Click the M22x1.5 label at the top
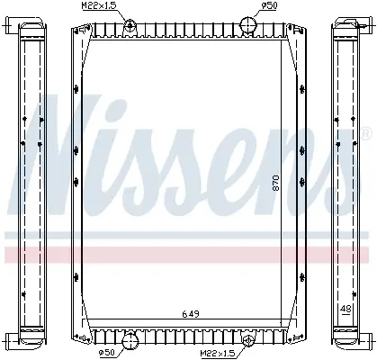coord(99,5)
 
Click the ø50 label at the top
coord(269,5)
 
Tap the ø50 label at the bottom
coord(107,352)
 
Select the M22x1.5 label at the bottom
coord(218,354)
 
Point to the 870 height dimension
coord(276,183)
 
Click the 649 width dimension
coord(191,314)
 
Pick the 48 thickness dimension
coord(346,309)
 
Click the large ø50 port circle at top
coord(248,25)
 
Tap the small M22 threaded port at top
coord(130,24)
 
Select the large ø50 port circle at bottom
coord(130,341)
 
